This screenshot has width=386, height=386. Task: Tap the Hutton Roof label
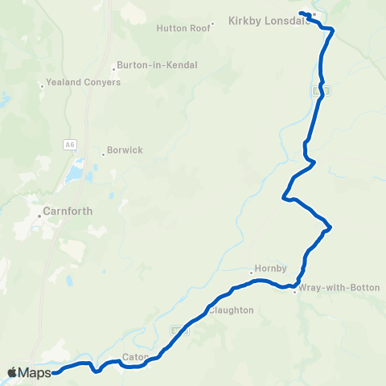[183, 27]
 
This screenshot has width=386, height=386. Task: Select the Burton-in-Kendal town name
[157, 65]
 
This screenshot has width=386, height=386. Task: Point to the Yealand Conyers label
[84, 82]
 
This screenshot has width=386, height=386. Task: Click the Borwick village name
[125, 150]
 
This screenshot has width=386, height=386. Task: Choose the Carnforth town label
[68, 211]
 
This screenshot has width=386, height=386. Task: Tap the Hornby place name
[265, 269]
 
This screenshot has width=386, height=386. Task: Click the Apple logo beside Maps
[12, 372]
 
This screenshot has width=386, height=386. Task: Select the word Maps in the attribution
[35, 372]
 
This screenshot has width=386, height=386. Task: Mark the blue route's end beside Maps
[54, 372]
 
